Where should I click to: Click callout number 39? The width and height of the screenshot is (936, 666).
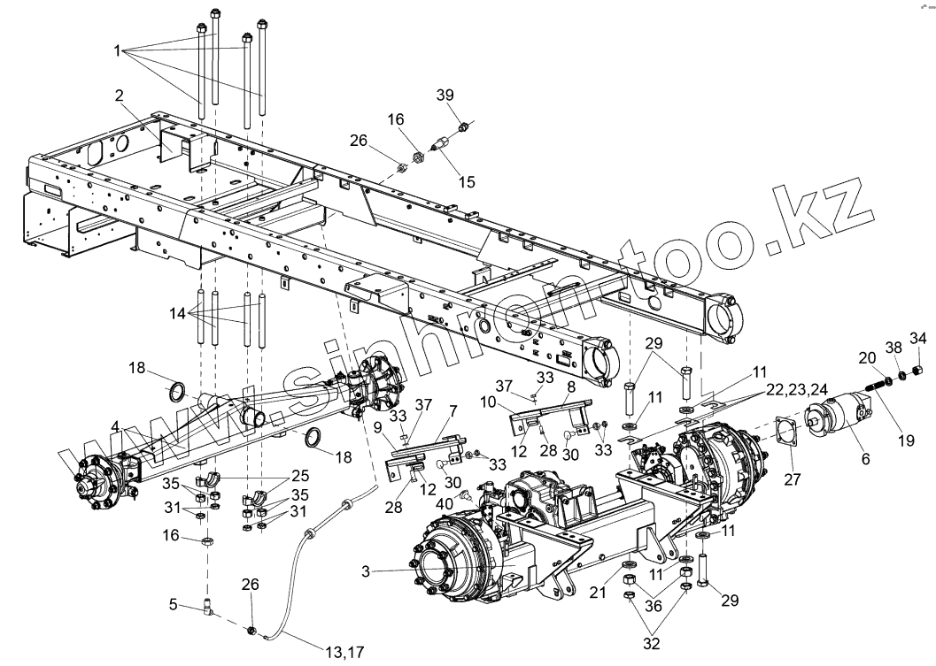(446, 96)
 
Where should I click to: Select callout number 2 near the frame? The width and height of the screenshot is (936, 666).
(120, 95)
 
